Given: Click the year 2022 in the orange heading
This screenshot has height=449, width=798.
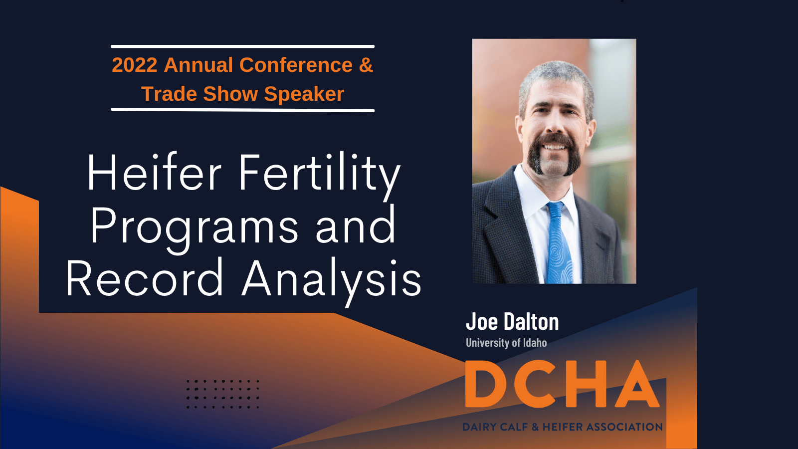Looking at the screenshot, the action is click(x=135, y=65).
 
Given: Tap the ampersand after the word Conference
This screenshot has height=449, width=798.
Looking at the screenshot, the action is click(x=366, y=65).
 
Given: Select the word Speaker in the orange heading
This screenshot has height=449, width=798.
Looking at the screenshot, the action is click(x=304, y=94).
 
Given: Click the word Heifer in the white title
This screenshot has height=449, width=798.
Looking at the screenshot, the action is click(x=154, y=173).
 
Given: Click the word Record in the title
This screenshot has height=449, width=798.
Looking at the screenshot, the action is click(x=145, y=277).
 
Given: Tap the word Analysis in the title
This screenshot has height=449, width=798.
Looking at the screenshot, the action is click(x=332, y=281).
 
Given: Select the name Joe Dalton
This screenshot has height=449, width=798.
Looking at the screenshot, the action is click(x=512, y=321).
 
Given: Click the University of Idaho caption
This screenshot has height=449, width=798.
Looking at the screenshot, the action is click(x=506, y=343).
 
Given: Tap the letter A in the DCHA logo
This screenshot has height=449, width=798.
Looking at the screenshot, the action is click(x=637, y=384).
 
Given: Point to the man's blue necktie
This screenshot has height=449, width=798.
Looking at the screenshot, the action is click(x=559, y=242).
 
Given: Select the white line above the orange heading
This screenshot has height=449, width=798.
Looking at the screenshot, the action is click(x=242, y=46).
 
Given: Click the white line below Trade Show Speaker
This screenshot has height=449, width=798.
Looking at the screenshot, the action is click(x=242, y=110).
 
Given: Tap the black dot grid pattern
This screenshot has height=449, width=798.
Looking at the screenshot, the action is click(x=223, y=394).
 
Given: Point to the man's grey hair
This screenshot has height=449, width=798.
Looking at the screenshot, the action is click(x=556, y=82).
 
